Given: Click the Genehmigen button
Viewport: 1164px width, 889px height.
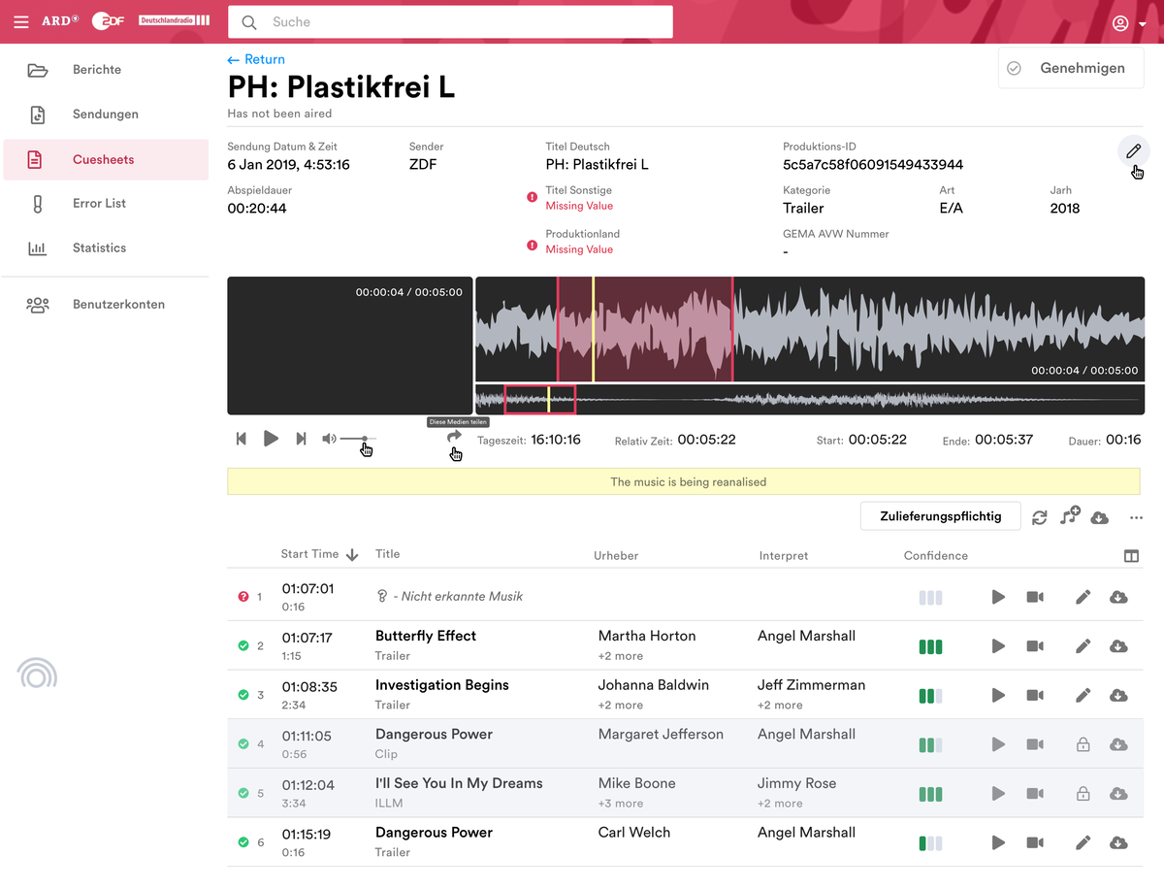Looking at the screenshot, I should (x=1071, y=68).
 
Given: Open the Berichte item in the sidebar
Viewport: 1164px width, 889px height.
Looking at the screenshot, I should (x=97, y=70).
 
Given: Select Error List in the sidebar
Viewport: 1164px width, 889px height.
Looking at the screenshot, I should (x=99, y=204).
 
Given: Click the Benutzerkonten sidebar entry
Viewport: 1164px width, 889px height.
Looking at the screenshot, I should (x=118, y=305).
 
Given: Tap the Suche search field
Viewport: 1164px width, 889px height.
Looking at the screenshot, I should (x=450, y=22).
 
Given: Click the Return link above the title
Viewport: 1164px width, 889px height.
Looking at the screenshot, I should (x=256, y=59).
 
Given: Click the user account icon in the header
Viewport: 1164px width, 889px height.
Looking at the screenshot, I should (x=1120, y=23).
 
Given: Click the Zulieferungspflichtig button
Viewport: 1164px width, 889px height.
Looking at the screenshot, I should (x=940, y=516).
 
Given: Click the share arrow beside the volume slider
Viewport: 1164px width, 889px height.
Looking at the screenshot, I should (x=454, y=437).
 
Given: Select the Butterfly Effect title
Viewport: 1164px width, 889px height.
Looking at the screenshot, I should (x=426, y=637).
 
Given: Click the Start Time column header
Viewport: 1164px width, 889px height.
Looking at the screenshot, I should (x=310, y=554).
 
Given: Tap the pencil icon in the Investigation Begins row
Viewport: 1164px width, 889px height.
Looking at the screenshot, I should (x=1083, y=695).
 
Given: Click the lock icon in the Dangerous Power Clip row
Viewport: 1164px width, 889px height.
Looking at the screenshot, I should (x=1083, y=744).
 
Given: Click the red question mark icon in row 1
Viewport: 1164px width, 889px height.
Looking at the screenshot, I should (x=243, y=597).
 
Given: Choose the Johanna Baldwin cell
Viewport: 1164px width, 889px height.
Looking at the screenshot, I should (x=653, y=685).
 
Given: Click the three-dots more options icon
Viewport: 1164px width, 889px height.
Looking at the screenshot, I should (x=1136, y=517).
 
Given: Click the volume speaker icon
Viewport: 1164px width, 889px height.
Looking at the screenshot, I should (x=329, y=439).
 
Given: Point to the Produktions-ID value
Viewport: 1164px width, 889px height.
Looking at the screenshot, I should (x=872, y=165).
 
